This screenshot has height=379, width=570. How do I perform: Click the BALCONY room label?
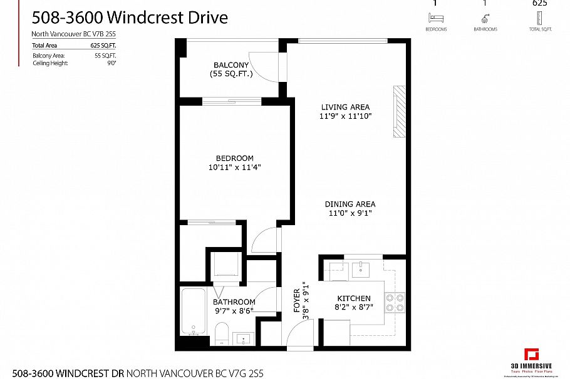pyautogui.click(x=231, y=65)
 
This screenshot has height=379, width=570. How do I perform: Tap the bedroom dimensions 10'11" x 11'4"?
pyautogui.click(x=234, y=167)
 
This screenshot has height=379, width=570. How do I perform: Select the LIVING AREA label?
pyautogui.click(x=345, y=107)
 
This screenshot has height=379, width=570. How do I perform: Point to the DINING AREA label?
pyautogui.click(x=350, y=204)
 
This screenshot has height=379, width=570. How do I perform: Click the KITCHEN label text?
pyautogui.click(x=354, y=298)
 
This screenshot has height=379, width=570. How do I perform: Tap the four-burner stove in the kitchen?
pyautogui.click(x=395, y=303)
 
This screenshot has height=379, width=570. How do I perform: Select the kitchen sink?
pyautogui.click(x=361, y=270)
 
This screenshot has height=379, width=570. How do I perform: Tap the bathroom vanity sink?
pyautogui.click(x=242, y=340)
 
